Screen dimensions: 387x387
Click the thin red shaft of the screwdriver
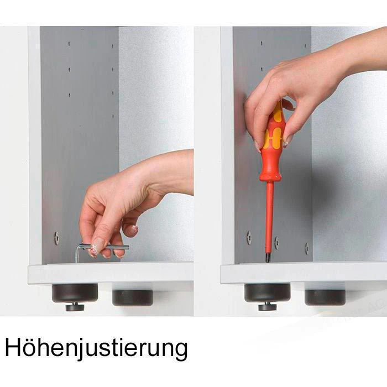270,217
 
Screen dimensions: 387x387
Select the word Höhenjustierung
96,348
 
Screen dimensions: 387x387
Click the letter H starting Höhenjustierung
12,347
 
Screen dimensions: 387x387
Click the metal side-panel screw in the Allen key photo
56,238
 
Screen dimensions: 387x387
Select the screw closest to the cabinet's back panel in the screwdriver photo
307,249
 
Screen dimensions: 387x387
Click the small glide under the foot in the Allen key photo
75,307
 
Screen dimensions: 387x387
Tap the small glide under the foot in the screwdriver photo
268,307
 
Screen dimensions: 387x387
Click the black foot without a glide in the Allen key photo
133,297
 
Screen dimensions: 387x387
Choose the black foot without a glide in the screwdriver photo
325,297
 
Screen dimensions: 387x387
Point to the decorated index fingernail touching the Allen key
95,250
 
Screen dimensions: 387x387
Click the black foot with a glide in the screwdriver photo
268,292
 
